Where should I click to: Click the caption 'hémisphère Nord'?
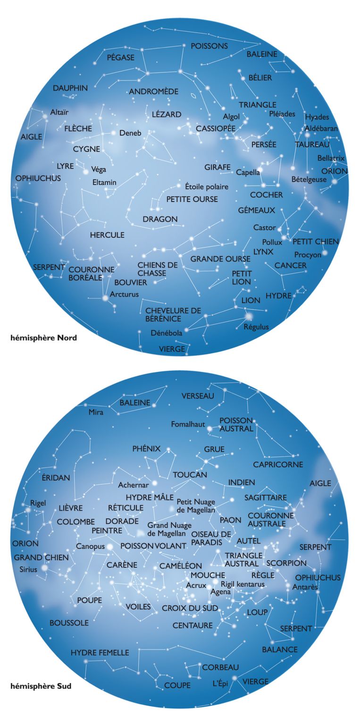(43, 338)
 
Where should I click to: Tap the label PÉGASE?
(120, 58)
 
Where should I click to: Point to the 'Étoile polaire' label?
(207, 186)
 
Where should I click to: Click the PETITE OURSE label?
(192, 199)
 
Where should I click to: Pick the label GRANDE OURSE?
(220, 259)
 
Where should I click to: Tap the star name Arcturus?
(124, 295)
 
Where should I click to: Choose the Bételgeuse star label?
(309, 179)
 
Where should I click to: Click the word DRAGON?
(160, 219)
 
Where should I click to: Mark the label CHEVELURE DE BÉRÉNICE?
(173, 314)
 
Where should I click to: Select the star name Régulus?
(257, 327)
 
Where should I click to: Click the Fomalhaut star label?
(188, 424)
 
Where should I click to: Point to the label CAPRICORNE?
(278, 464)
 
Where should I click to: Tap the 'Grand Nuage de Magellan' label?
(169, 529)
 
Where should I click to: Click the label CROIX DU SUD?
(190, 608)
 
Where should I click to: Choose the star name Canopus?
(90, 546)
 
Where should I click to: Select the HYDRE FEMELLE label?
(100, 653)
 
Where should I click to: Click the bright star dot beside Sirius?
(45, 568)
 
